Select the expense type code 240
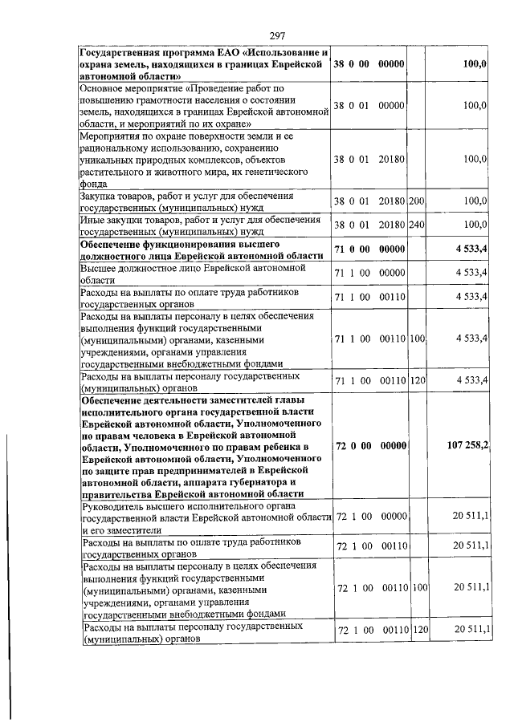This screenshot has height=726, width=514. (x=416, y=224)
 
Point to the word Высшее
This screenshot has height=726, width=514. (x=100, y=267)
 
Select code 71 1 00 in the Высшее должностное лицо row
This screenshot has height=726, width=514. (x=352, y=274)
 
